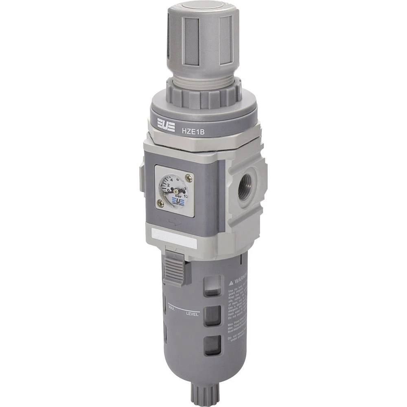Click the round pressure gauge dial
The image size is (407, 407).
(x=173, y=190)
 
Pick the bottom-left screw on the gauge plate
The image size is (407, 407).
(x=160, y=205)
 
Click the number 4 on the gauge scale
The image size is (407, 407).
(x=171, y=179)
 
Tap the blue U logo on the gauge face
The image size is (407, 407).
(x=178, y=200)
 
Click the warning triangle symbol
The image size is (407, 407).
(x=231, y=281)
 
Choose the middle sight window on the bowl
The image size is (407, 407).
(x=212, y=315)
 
